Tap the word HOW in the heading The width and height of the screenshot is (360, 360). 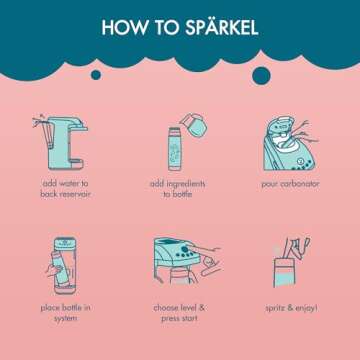pyautogui.click(x=125, y=28)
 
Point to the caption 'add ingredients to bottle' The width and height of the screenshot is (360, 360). pyautogui.click(x=180, y=190)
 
